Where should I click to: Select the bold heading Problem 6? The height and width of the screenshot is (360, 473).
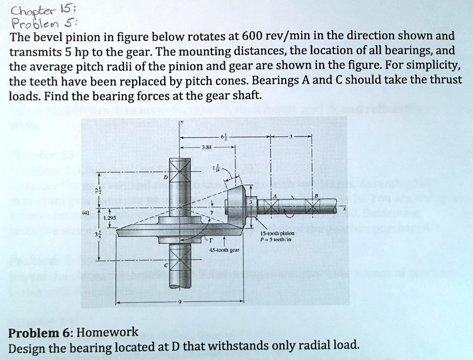coord(41,332)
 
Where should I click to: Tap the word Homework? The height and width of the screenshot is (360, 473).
coord(107,332)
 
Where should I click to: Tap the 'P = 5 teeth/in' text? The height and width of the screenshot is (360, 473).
coord(278,240)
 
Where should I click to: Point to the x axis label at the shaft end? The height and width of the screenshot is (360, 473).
coord(344,209)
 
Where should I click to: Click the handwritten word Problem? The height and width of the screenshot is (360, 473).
coord(30,23)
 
